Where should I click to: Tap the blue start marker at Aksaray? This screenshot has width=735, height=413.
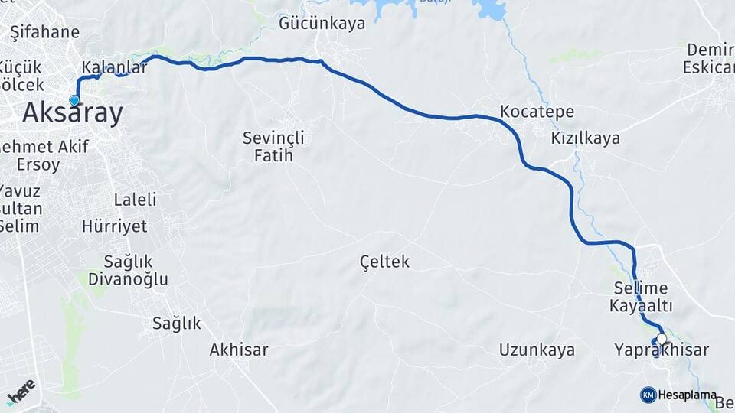click(x=74, y=100)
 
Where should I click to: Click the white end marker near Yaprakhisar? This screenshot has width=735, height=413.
click(x=661, y=340)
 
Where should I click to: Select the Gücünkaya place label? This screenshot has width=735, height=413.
click(x=322, y=24)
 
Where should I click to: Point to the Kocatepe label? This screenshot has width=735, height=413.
click(x=537, y=112)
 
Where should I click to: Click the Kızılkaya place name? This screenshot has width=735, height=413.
click(x=585, y=138)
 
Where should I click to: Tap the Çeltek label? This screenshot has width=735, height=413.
click(x=384, y=262)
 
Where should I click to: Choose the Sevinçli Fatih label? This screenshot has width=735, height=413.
click(x=273, y=147)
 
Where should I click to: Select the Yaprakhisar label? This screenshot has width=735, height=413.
click(x=661, y=350)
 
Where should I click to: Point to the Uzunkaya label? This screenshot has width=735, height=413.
click(x=537, y=350)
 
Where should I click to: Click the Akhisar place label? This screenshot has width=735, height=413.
click(x=239, y=350)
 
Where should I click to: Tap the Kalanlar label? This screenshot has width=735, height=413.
click(x=114, y=67)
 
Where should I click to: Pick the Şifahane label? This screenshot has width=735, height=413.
click(x=45, y=32)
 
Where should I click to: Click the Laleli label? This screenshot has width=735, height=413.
click(x=135, y=200)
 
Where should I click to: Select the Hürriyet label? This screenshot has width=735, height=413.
click(x=114, y=226)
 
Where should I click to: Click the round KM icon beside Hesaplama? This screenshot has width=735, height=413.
click(x=648, y=395)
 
